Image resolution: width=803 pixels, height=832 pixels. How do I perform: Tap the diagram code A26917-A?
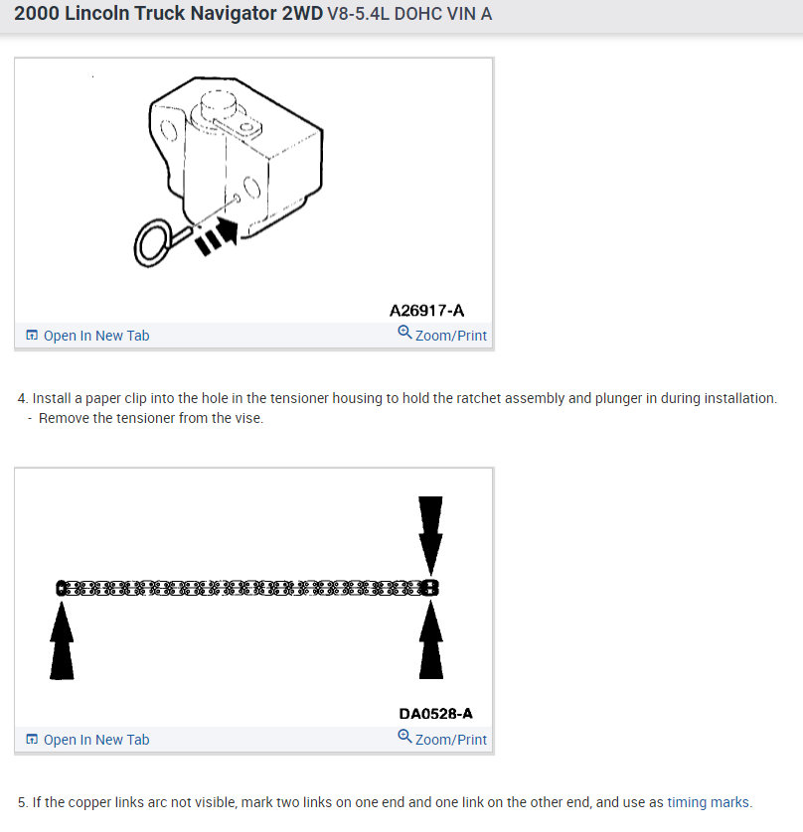tap(426, 311)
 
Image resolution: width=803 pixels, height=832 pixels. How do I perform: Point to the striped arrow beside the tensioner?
tap(217, 236)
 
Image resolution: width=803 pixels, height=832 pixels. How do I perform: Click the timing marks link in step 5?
tap(709, 802)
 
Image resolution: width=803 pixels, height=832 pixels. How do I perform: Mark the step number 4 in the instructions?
tap(22, 398)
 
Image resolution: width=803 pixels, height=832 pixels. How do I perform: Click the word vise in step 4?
tap(247, 418)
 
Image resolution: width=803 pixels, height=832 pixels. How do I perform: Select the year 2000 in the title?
tap(36, 14)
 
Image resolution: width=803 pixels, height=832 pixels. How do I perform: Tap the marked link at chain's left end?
tap(63, 588)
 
